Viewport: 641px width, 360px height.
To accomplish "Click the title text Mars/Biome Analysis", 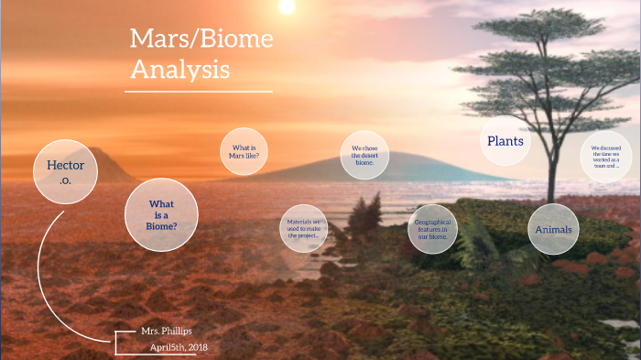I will [200, 53].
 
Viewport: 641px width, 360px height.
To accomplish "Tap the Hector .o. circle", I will [65, 170].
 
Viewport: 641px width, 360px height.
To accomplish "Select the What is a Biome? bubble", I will [162, 214].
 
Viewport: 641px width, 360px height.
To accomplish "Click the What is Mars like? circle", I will [244, 151].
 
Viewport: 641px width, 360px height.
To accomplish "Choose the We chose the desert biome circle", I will [364, 155].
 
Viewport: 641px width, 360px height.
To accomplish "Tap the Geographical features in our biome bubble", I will [432, 228].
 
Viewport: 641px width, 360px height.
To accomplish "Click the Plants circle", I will [505, 142].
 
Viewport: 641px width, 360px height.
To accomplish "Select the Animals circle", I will [553, 229].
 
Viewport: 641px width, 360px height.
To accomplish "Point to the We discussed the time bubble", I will [605, 157].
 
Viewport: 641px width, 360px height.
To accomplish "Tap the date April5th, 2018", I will [179, 347].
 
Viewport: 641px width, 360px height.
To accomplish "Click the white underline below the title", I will [199, 92].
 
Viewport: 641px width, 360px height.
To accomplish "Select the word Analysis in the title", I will [179, 69].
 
